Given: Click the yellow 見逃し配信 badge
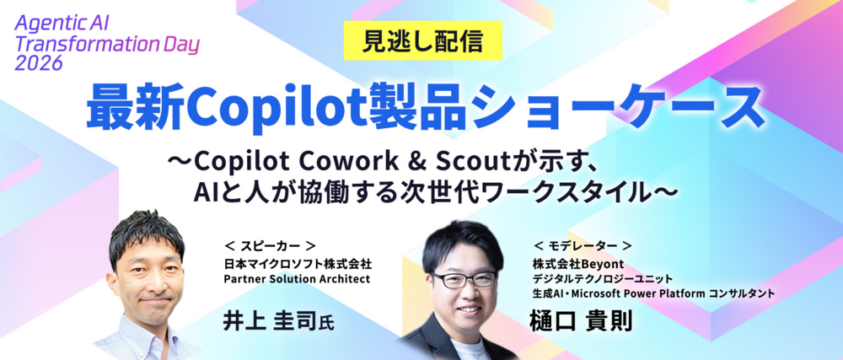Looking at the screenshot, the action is pos(422,41).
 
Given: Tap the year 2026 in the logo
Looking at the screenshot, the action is pos(40,63).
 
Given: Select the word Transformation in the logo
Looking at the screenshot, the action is pos(87,44).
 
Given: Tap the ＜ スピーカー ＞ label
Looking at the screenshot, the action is pos(270,247).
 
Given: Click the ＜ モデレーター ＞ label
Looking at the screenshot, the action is pos(582,246).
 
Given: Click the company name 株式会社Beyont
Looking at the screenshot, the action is pos(578,264).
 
